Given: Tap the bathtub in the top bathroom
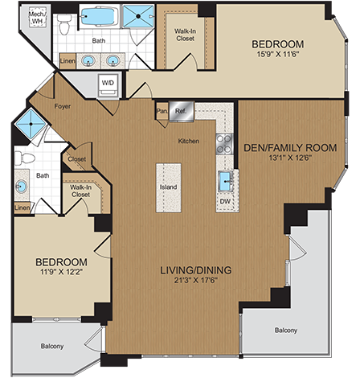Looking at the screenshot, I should click(x=99, y=17).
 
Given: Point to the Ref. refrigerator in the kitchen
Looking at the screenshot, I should click(x=182, y=112).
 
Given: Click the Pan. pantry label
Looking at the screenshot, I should click(x=162, y=112).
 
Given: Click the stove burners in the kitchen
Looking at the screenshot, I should click(x=224, y=143).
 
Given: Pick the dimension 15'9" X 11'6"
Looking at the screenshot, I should click(x=277, y=54).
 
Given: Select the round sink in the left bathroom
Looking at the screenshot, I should click(x=22, y=187).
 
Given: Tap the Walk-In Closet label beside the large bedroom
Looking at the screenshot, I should click(x=185, y=35).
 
